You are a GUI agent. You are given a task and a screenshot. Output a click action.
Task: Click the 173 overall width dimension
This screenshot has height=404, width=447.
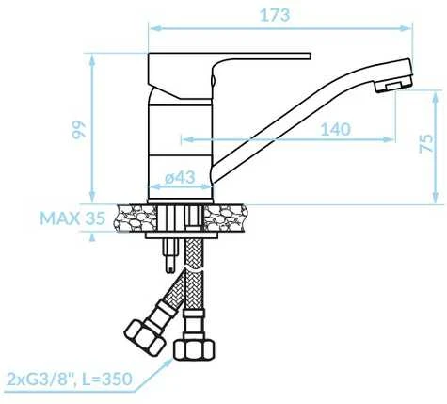[x=275, y=15]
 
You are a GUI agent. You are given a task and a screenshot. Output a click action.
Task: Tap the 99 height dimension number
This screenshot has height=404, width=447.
[x=78, y=130]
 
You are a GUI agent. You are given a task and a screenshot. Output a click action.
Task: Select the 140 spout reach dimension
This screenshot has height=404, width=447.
[x=335, y=129]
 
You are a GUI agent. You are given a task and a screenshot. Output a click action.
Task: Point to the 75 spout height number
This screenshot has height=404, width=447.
[x=425, y=143]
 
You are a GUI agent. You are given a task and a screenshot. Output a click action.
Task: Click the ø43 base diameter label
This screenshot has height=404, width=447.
[x=180, y=178]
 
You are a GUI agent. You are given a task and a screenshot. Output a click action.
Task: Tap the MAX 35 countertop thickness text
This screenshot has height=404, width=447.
[x=72, y=218]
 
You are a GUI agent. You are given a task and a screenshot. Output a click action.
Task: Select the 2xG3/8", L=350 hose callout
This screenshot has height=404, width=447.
[x=69, y=379]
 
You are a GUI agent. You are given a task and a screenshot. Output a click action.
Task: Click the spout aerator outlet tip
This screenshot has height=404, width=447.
[x=393, y=86]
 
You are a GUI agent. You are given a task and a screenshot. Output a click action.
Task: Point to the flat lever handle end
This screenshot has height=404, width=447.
[x=309, y=56]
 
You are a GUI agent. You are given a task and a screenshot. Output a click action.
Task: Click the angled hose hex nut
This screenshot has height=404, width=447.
[x=145, y=338]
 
